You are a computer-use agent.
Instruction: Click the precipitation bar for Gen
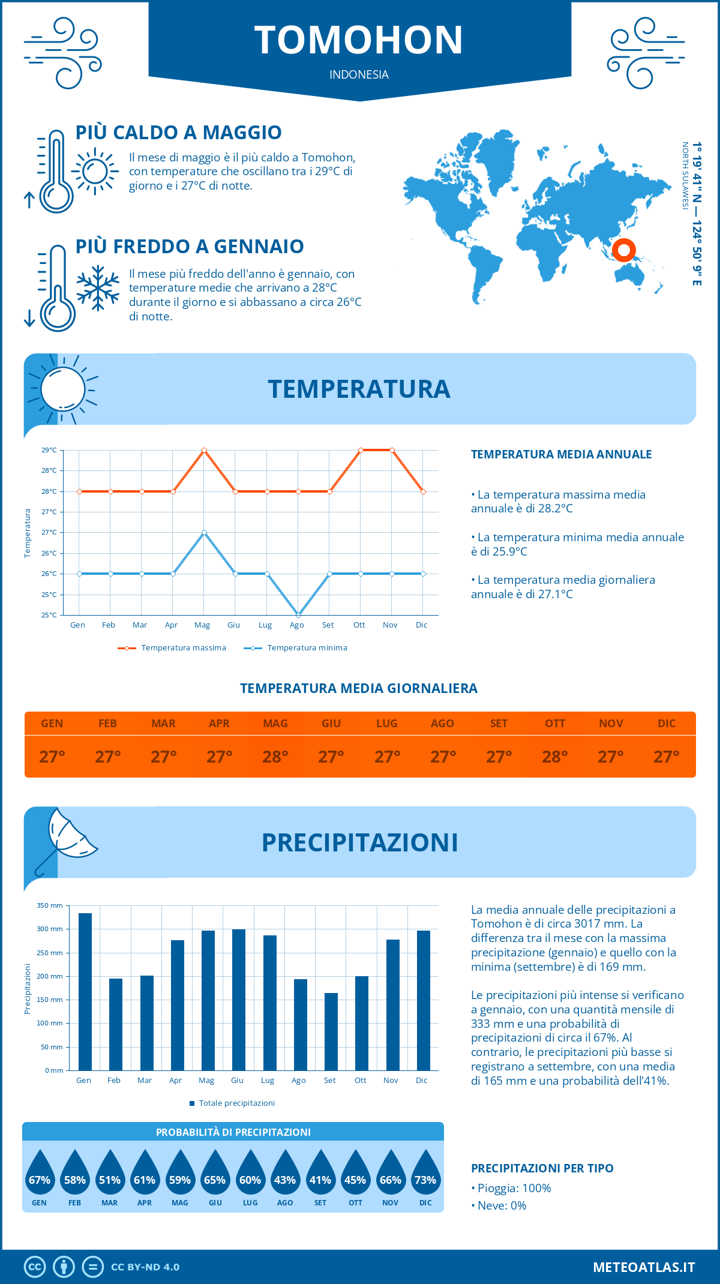[x=85, y=991]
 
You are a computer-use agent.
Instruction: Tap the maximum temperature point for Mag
[x=205, y=450]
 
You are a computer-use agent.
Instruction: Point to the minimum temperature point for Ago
[x=298, y=615]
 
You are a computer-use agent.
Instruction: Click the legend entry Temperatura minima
[x=296, y=648]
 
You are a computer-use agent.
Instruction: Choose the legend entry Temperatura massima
[x=172, y=648]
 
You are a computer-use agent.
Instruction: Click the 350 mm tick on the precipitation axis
[x=50, y=905]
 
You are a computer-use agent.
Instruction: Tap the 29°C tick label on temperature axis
[x=49, y=450]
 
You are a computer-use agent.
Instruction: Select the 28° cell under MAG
[x=275, y=757]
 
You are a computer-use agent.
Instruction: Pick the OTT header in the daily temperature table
[x=555, y=724]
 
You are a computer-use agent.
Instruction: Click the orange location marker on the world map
[x=624, y=250]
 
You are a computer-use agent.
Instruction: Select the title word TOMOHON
[x=359, y=40]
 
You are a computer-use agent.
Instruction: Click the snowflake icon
[x=98, y=288]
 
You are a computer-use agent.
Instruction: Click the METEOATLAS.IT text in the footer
[x=644, y=1267]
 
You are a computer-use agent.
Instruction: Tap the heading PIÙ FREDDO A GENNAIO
[x=190, y=247]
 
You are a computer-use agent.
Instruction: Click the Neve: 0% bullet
[x=499, y=1205]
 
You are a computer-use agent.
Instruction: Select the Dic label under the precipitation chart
[x=422, y=1080]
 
